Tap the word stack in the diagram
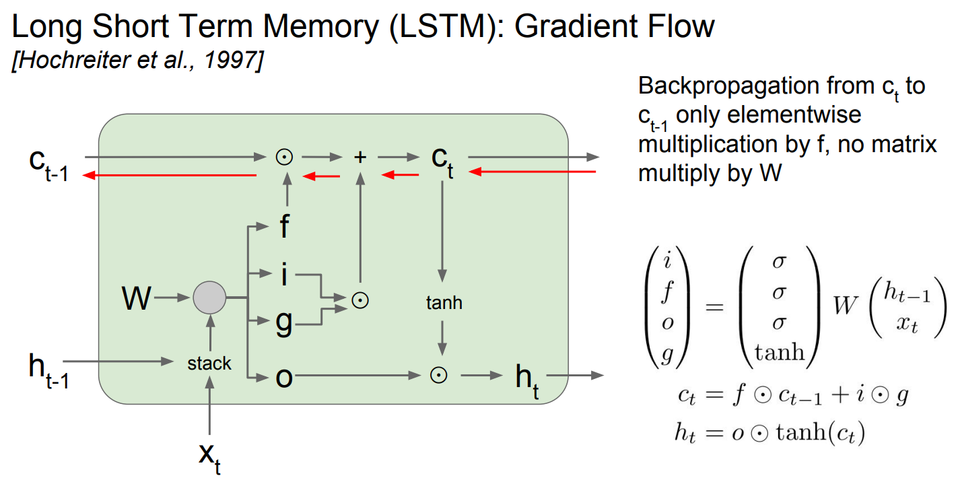click(209, 364)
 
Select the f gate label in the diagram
click(284, 226)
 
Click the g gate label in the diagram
click(284, 324)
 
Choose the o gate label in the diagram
click(284, 377)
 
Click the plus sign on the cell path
click(361, 157)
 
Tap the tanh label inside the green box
click(444, 303)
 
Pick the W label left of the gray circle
click(137, 298)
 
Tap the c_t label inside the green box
click(442, 162)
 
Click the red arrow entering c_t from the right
click(533, 172)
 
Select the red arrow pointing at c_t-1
click(168, 175)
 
